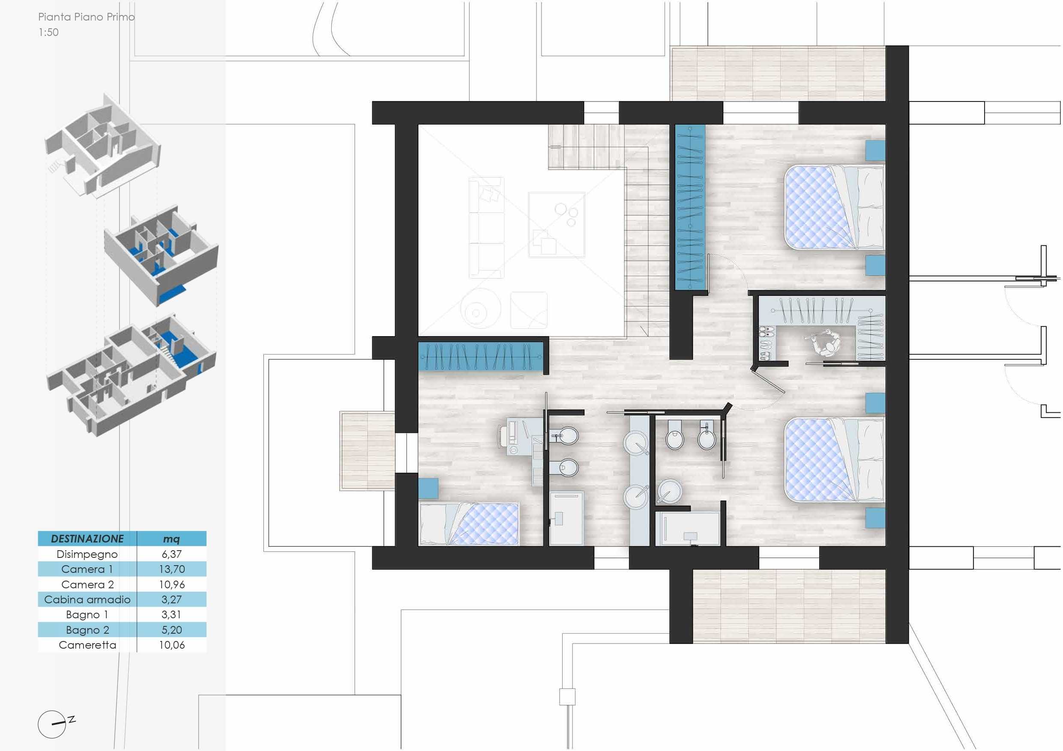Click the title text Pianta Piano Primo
coord(86,17)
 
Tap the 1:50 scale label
coord(48,33)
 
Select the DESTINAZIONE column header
coord(87,539)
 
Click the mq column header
coord(171,539)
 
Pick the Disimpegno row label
coord(87,554)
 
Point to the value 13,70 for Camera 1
coord(172,569)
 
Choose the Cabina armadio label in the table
coord(87,600)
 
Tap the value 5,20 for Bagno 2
coord(172,630)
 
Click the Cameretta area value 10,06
coord(172,645)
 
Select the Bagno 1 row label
coord(87,614)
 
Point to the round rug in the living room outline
coord(481,309)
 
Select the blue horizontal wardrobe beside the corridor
coord(481,356)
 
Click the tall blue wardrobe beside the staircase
coord(690,207)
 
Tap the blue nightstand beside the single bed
coord(428,489)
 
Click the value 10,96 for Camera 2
coord(172,584)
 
